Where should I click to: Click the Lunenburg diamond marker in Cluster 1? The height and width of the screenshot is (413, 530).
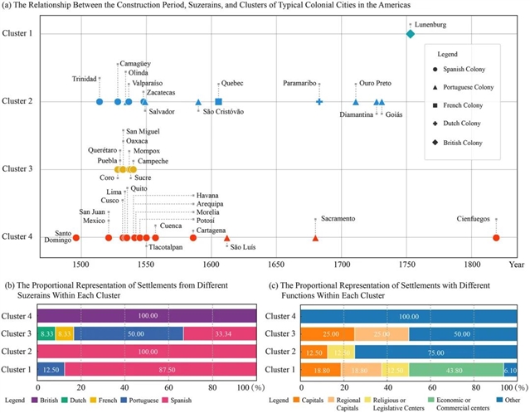[x=411, y=34]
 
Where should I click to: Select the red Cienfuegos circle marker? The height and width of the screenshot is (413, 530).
[x=496, y=238]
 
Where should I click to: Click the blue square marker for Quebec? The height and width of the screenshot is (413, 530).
[x=217, y=101]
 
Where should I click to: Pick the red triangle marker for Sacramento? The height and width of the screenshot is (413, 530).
[x=315, y=238]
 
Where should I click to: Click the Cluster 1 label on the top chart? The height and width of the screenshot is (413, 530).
[x=17, y=33]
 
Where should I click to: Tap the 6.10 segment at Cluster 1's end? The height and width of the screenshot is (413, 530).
[x=510, y=369]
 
